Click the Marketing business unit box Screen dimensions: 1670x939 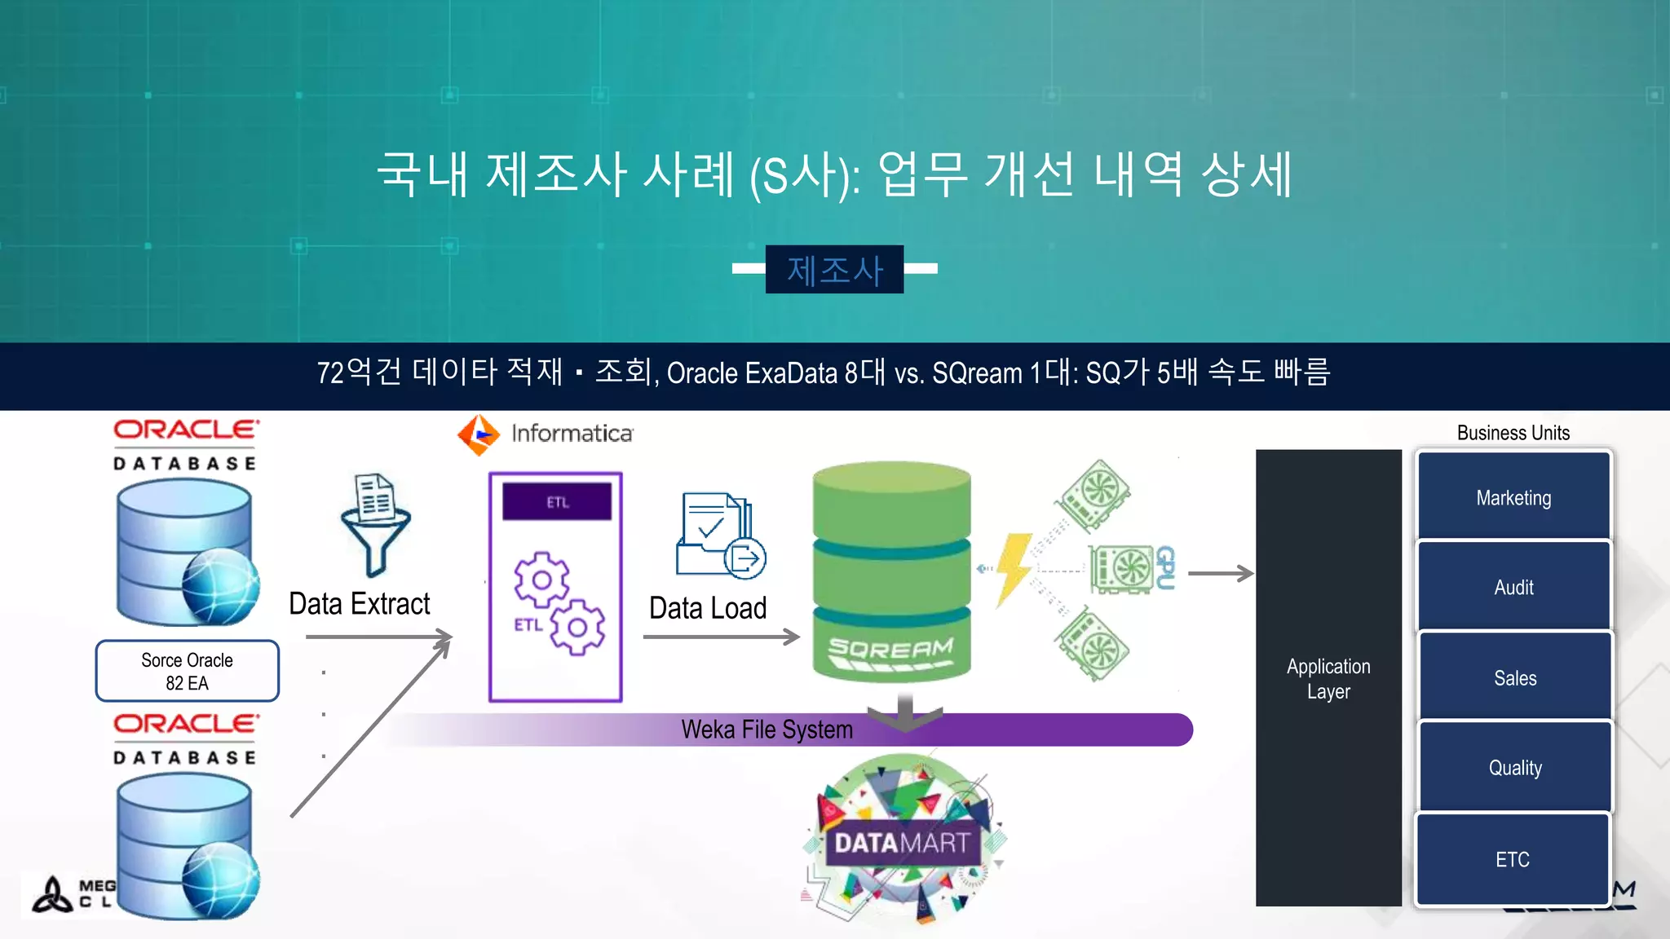[x=1513, y=496]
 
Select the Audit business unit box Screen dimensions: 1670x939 [x=1513, y=587]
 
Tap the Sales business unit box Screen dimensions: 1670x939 [x=1514, y=677]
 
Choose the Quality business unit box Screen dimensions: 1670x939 [x=1514, y=767]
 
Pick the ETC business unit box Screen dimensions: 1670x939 [x=1512, y=859]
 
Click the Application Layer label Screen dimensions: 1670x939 [x=1328, y=678]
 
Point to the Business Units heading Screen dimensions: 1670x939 [x=1513, y=433]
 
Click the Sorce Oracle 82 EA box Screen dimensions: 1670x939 [x=187, y=671]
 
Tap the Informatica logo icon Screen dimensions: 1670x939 [x=479, y=434]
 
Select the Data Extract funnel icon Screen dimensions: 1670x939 [x=375, y=524]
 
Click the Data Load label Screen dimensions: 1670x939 [x=708, y=608]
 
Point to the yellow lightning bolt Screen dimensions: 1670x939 [x=1014, y=568]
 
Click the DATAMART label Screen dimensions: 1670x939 [x=902, y=843]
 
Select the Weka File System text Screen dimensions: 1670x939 [x=767, y=730]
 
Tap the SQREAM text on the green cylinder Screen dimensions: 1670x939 [x=890, y=650]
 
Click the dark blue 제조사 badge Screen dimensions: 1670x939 [x=834, y=270]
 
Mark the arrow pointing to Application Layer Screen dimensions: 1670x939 [x=1220, y=574]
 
